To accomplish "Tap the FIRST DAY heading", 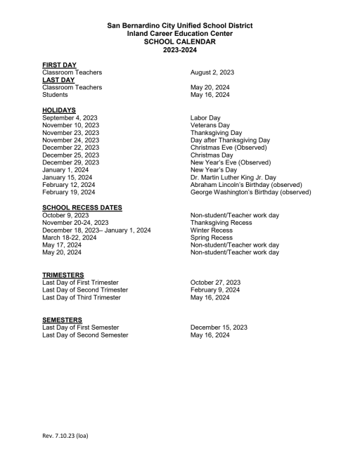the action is pyautogui.click(x=60, y=65).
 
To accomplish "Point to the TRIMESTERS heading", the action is pyautogui.click(x=63, y=275).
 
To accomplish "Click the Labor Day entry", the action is pyautogui.click(x=205, y=117).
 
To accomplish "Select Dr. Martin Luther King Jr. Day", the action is pyautogui.click(x=233, y=177).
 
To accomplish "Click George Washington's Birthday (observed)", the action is pyautogui.click(x=250, y=193).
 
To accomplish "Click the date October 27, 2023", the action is pyautogui.click(x=217, y=283).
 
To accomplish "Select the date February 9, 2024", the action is pyautogui.click(x=215, y=290).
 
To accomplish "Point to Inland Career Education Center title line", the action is pyautogui.click(x=179, y=33).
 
